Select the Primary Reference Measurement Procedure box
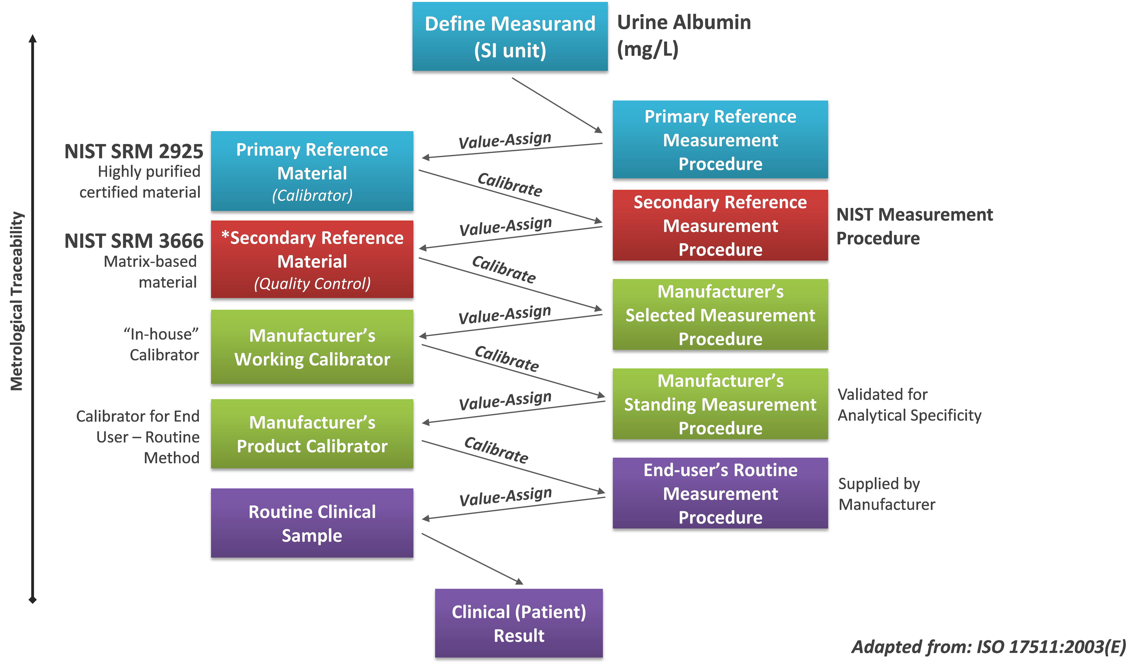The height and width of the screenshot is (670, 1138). click(x=720, y=139)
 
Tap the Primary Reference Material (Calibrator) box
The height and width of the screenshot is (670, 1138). click(x=312, y=171)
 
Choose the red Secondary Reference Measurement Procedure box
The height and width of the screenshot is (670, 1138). click(x=720, y=225)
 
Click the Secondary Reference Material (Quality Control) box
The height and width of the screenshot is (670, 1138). click(x=312, y=260)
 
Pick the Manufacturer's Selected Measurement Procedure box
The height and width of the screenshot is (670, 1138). click(x=720, y=315)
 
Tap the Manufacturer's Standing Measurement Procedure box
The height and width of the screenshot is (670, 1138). click(x=720, y=404)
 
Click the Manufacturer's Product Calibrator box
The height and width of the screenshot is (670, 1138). click(x=312, y=434)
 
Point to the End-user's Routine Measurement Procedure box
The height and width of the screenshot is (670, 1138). click(x=720, y=493)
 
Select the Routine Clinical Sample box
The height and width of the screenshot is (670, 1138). click(x=312, y=523)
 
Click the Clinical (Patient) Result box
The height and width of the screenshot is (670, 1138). click(x=519, y=624)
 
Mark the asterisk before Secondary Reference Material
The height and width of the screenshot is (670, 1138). click(x=225, y=235)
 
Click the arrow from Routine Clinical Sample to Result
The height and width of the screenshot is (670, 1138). click(x=472, y=559)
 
